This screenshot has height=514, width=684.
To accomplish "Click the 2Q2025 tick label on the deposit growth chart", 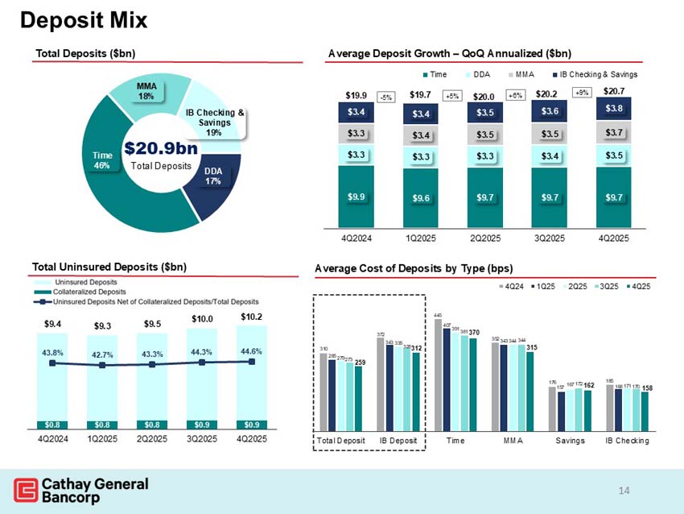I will click(x=486, y=238).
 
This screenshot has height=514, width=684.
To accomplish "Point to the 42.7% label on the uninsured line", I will click(x=102, y=353).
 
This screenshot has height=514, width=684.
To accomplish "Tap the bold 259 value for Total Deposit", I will click(x=359, y=362).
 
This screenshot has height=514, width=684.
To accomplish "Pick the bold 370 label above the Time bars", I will click(x=474, y=332).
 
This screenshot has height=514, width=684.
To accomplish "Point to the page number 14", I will click(x=624, y=490).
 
